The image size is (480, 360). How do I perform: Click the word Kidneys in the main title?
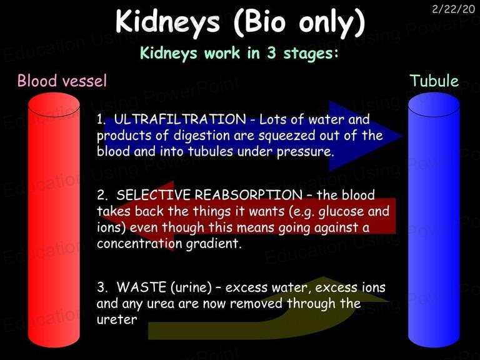(167, 22)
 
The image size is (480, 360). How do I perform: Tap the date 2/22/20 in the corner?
(454, 9)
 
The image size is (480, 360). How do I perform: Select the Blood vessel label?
(62, 81)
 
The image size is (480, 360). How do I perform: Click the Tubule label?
(434, 81)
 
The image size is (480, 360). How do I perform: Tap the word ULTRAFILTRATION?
(180, 119)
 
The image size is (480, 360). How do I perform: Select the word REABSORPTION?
(248, 195)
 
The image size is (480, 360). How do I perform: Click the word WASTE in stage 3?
(141, 287)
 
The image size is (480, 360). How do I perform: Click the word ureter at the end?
(117, 319)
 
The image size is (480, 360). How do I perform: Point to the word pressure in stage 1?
(305, 152)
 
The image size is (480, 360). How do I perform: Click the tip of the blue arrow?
(402, 136)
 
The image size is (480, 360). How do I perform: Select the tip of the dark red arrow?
(102, 216)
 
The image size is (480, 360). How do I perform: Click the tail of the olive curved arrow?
(149, 331)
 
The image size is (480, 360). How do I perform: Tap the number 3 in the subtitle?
(271, 53)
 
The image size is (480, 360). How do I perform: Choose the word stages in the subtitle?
(311, 54)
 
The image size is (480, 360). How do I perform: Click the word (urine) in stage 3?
(191, 287)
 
